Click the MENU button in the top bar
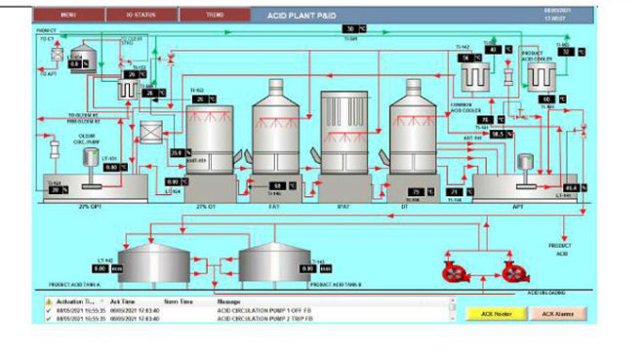(x=68, y=16)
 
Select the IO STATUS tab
(x=141, y=16)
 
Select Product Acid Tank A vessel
(x=156, y=261)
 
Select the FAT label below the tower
(x=275, y=206)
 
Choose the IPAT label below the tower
(x=343, y=206)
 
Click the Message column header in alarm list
(x=227, y=302)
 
